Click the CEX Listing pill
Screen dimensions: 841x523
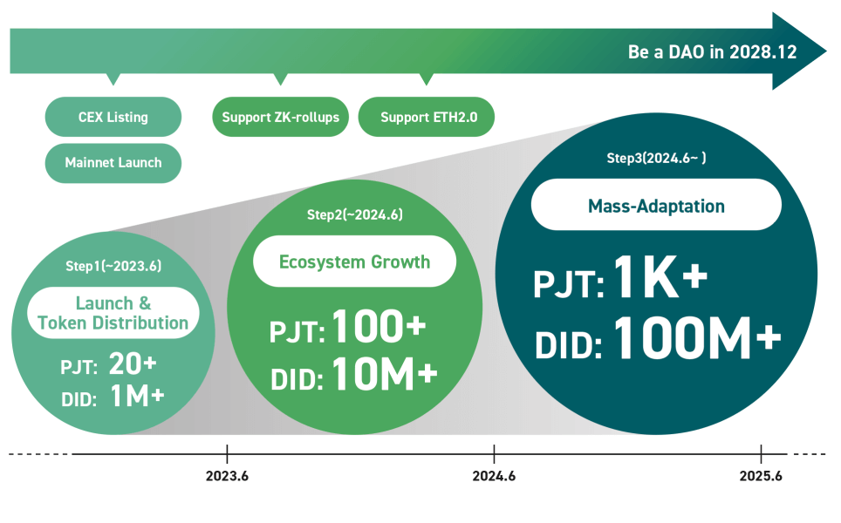(x=113, y=117)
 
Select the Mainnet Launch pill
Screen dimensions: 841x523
(x=113, y=163)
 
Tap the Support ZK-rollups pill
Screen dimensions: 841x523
(x=281, y=117)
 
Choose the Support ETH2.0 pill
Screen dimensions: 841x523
(x=427, y=117)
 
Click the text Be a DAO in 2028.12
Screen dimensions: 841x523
(x=712, y=52)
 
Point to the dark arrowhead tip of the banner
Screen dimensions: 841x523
(x=826, y=51)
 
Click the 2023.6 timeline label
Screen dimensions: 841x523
(x=227, y=476)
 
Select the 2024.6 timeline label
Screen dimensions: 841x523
(x=494, y=476)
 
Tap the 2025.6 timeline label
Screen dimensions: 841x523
(x=761, y=476)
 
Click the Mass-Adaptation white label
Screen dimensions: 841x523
(x=656, y=205)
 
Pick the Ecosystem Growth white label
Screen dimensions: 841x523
(x=354, y=261)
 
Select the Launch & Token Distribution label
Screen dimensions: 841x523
(x=113, y=313)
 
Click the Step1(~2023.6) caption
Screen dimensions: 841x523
(x=113, y=266)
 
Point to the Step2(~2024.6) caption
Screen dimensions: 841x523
(x=354, y=214)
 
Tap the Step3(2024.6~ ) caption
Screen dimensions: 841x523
(x=656, y=158)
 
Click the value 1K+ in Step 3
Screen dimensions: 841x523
(x=660, y=277)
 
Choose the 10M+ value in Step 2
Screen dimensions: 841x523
(x=385, y=374)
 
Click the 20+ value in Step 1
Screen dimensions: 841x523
(x=133, y=364)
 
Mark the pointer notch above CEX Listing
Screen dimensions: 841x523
(x=113, y=78)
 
